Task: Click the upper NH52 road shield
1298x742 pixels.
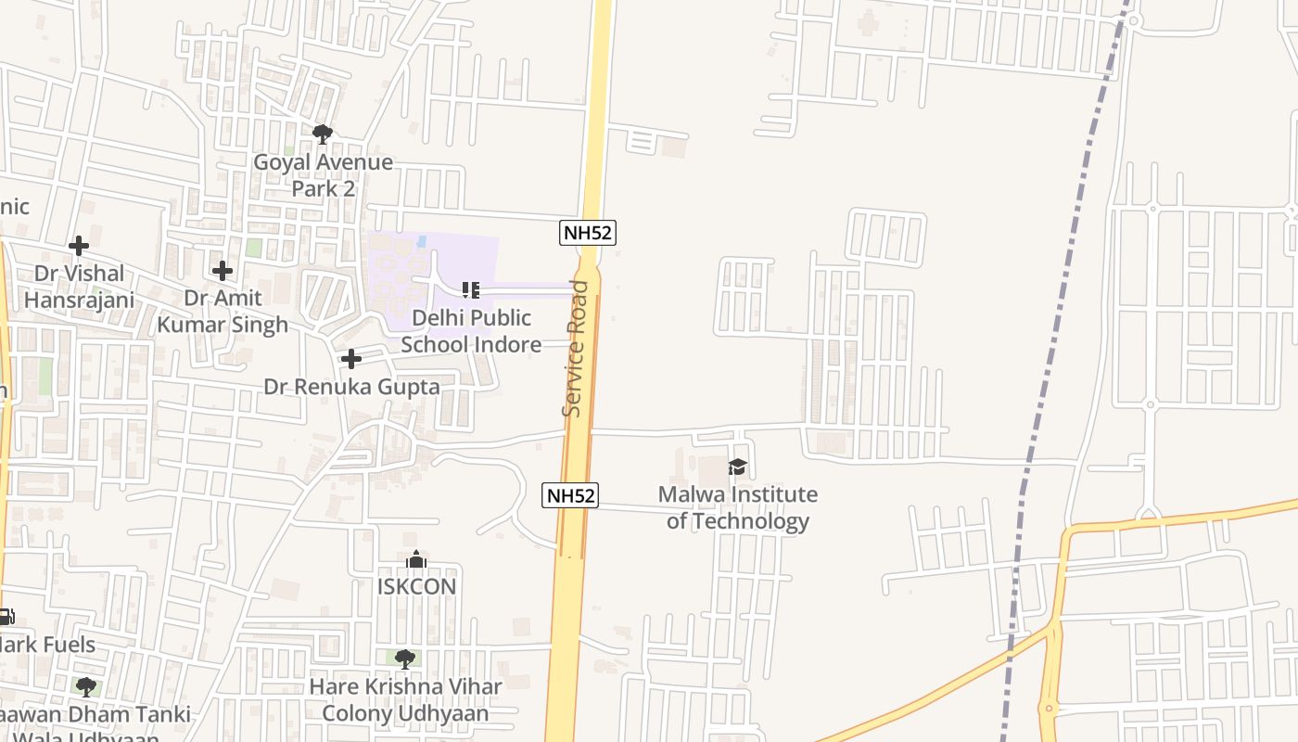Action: [588, 233]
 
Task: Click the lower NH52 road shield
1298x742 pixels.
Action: [570, 495]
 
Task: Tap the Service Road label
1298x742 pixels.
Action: [576, 348]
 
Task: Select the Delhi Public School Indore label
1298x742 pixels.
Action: [471, 331]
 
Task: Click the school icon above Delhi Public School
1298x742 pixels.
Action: [471, 290]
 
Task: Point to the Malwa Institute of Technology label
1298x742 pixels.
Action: [738, 507]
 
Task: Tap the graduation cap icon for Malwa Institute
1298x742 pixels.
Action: [737, 467]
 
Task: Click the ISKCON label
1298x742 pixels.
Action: [416, 586]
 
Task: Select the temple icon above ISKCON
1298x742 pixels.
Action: [416, 559]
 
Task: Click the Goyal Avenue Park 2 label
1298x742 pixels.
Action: [323, 175]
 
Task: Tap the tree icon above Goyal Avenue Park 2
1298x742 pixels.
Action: [323, 134]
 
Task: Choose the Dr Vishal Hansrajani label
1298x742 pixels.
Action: [79, 287]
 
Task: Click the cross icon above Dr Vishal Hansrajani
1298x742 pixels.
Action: [79, 246]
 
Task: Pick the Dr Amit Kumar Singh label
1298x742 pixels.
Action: [223, 312]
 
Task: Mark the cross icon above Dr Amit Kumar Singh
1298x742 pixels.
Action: [223, 271]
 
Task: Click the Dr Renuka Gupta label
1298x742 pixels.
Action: [351, 387]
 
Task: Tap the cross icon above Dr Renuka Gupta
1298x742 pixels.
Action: [351, 359]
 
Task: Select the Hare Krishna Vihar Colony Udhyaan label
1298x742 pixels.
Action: [405, 700]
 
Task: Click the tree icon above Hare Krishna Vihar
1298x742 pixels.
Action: [405, 659]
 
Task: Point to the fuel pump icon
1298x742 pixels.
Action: [6, 617]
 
